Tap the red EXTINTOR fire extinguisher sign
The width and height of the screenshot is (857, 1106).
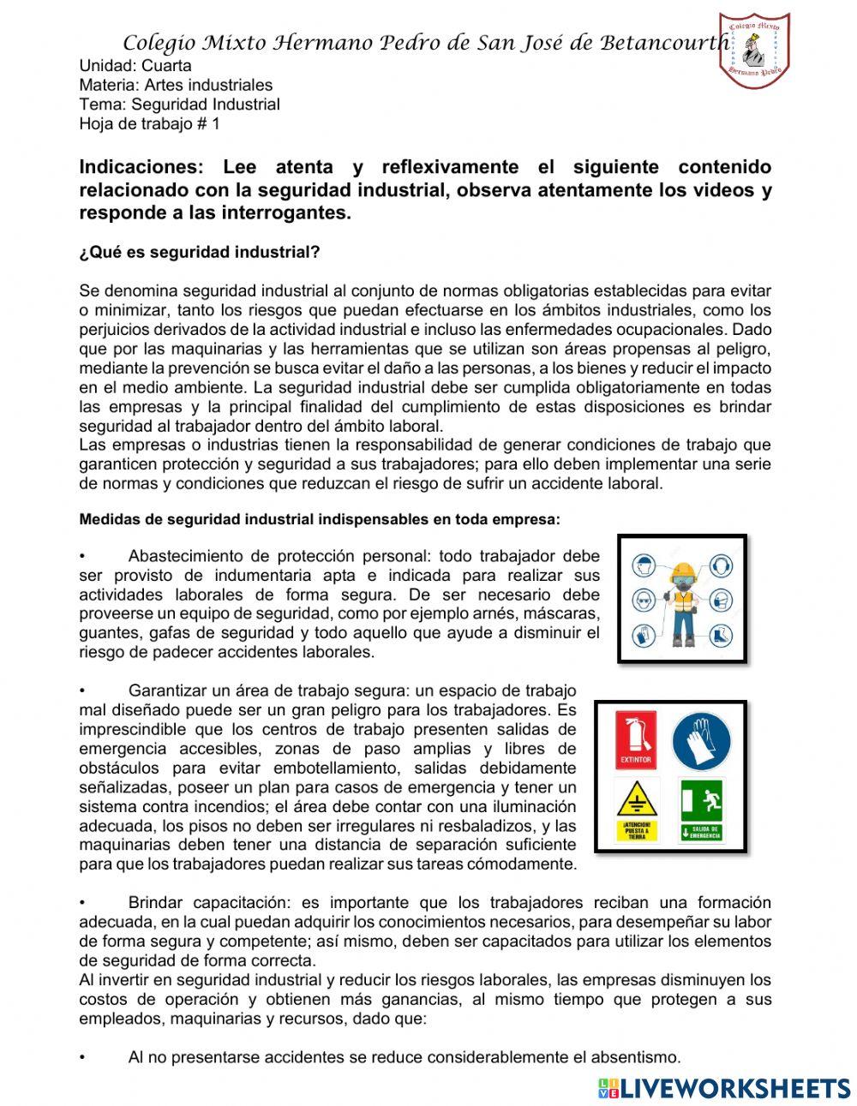coord(635,739)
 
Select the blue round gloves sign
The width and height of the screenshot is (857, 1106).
coord(701,740)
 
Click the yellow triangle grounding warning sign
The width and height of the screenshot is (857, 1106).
coord(636,810)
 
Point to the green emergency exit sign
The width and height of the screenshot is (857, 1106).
coord(701,810)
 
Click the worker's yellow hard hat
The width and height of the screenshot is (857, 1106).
coord(682,571)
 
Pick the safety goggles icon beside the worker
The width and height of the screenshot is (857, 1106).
coord(644,600)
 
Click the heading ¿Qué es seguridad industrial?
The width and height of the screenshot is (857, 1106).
coord(199,252)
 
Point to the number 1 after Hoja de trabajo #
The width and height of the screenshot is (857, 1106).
coord(215,123)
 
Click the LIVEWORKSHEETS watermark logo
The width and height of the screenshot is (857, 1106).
coord(724,1088)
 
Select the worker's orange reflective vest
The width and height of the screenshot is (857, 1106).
coord(682,603)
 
